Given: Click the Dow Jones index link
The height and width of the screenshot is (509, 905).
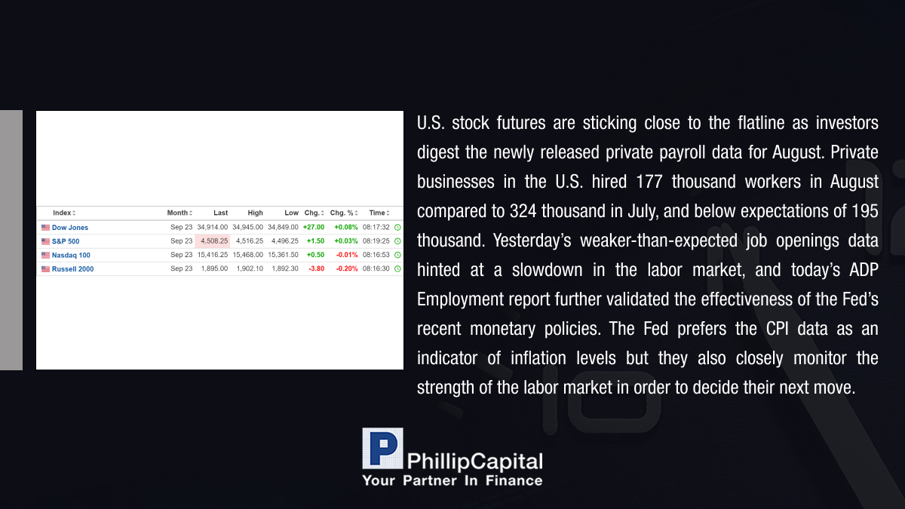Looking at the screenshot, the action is point(70,228).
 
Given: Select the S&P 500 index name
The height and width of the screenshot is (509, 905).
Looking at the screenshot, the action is point(66,241).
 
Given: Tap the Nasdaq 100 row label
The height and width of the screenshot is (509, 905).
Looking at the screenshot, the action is point(71,255).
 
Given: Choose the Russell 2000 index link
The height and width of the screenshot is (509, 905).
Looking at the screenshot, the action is point(72,268).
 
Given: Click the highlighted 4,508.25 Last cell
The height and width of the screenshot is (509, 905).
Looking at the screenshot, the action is point(213,241).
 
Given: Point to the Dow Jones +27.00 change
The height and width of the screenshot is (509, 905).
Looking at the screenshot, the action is point(314,228).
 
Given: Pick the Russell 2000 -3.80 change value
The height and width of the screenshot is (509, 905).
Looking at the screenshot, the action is point(316,268).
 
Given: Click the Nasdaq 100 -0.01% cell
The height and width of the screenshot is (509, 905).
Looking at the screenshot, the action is point(347,255).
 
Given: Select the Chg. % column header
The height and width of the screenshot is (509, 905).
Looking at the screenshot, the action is point(344,213).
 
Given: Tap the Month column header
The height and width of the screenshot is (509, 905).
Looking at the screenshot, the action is point(179,213).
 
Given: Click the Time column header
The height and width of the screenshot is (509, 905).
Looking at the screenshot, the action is point(379,213).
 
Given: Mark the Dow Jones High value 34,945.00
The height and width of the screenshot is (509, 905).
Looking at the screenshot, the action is point(247,228).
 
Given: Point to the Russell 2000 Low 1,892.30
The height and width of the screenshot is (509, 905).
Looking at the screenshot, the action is point(285,268).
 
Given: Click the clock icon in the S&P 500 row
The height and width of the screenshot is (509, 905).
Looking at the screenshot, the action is point(397,241).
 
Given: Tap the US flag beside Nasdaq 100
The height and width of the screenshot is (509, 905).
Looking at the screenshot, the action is point(46,256).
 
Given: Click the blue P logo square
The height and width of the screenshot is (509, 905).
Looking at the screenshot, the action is point(382,449).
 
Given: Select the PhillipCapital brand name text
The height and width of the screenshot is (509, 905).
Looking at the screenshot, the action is point(474,462).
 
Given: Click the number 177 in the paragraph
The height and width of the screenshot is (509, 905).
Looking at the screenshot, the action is point(649,182).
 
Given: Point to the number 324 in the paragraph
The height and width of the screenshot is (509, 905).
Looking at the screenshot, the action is point(523,211).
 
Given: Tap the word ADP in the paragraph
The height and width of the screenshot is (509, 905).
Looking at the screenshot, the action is point(864,270).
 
